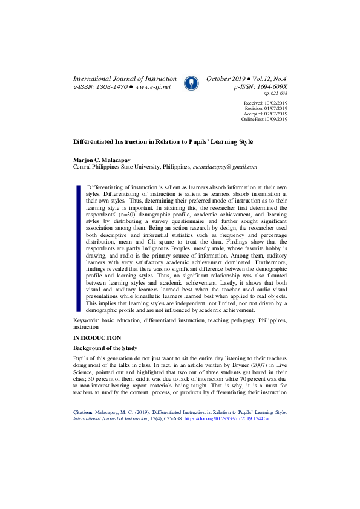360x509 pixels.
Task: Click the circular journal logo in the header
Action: (x=191, y=83)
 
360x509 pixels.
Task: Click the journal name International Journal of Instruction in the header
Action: (x=125, y=79)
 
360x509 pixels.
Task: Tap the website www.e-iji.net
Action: (x=152, y=87)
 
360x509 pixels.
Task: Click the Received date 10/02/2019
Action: (x=275, y=104)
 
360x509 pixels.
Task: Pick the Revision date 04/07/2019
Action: (x=275, y=109)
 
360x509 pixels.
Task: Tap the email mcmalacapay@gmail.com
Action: (x=224, y=166)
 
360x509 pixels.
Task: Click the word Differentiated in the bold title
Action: (x=96, y=141)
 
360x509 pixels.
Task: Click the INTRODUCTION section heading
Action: (x=97, y=337)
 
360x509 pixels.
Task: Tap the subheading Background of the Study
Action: (x=105, y=349)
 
